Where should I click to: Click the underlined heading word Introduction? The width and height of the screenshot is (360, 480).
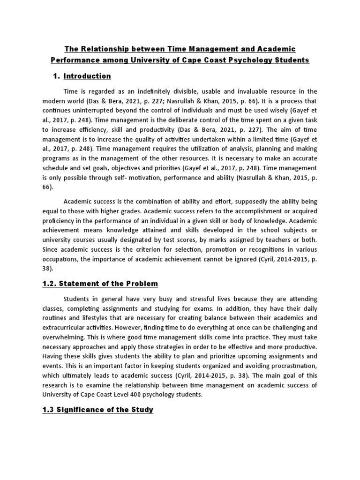[87, 76]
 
